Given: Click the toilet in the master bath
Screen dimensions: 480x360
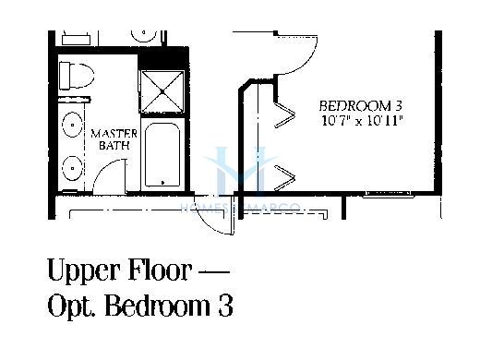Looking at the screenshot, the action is [77, 76].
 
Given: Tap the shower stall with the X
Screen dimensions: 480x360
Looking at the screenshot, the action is [162, 91].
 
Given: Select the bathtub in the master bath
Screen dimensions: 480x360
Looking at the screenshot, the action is [162, 154].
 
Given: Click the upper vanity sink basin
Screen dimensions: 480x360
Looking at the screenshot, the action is [73, 125].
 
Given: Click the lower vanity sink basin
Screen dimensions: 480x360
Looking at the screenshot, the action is [73, 168].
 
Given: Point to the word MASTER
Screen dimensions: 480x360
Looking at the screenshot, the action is [114, 134].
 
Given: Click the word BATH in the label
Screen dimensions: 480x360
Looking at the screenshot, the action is [114, 145].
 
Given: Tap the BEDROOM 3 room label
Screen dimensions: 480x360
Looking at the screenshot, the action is [361, 106].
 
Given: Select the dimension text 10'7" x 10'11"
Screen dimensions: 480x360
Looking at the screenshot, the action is [362, 120].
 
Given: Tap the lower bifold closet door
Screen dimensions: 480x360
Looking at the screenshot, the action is [285, 178].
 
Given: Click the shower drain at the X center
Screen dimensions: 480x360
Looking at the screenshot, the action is [162, 91].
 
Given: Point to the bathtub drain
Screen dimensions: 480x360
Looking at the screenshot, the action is [162, 183].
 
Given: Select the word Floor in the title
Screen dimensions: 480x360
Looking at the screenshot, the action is [160, 270].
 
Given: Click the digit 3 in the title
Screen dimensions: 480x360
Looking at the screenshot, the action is [225, 305].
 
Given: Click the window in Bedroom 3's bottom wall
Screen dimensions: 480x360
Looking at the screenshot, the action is [389, 194].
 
